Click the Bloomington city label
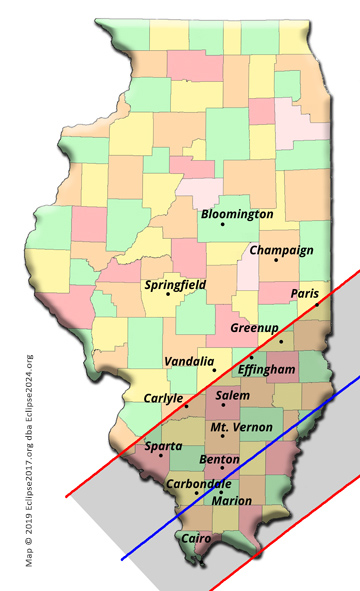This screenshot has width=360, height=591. point(236,214)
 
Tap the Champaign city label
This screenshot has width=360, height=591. point(281,250)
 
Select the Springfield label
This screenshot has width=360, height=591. point(175,285)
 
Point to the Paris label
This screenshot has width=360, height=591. point(304,294)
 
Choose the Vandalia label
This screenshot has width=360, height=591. point(188,361)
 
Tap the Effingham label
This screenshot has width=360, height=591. point(267,369)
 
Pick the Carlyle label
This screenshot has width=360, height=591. point(150,397)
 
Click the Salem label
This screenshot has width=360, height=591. point(233,396)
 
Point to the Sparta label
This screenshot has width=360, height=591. point(163,446)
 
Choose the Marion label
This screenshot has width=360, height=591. point(232,501)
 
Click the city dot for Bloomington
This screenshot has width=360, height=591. point(222,224)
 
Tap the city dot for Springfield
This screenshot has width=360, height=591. point(168,294)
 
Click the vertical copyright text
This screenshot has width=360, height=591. point(30,460)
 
